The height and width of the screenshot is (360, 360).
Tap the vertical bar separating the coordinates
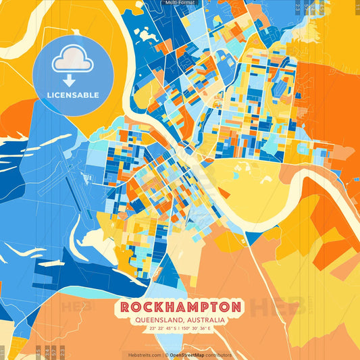pyautogui.click(x=180, y=330)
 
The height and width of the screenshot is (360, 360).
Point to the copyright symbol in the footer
pyautogui.click(x=166, y=354)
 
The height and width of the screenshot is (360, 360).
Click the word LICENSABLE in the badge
pyautogui.click(x=72, y=95)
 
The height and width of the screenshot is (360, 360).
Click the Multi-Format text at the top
pyautogui.click(x=179, y=3)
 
